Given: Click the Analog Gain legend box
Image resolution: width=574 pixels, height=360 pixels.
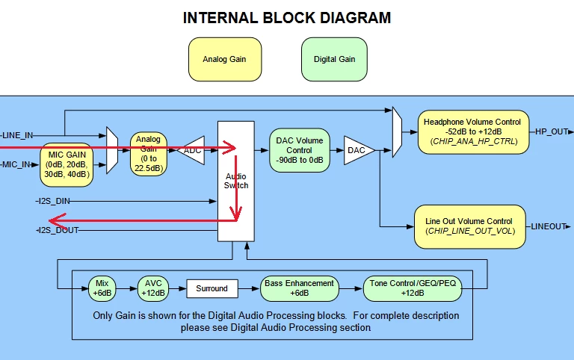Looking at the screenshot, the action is tap(225, 59).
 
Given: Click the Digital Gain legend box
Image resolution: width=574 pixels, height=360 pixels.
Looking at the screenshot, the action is tap(334, 59).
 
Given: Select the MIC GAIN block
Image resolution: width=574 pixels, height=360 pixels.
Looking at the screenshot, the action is tap(67, 164).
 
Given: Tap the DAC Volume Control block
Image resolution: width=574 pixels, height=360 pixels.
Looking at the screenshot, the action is tap(300, 150).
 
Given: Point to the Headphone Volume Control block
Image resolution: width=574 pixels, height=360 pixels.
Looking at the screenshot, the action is tap(473, 131).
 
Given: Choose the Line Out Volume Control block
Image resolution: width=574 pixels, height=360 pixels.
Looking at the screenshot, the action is tap(469, 226).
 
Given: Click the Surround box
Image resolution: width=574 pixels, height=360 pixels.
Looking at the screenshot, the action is tap(212, 288).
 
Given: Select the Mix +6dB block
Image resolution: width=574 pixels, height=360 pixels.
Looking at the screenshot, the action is tap(102, 288).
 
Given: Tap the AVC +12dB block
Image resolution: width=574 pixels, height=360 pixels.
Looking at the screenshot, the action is tap(153, 288).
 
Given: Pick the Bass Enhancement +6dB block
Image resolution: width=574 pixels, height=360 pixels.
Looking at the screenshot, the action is tap(300, 288).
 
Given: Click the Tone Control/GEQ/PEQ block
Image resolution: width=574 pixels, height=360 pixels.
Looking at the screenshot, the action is tap(413, 288).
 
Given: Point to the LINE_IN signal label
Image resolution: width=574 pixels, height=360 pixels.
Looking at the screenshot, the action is tap(17, 135).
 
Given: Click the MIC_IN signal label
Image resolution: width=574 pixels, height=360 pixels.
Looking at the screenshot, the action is tap(16, 164).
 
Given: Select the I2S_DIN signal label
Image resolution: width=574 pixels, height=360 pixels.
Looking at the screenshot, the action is tap(54, 201).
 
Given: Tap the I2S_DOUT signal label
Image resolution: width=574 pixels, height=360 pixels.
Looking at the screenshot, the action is tap(58, 230).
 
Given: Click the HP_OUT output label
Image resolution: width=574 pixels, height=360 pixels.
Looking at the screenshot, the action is tap(552, 131).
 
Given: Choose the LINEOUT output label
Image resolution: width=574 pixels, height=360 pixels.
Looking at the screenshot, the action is tap(549, 226).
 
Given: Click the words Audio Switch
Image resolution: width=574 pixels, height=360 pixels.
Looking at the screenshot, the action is tap(236, 181).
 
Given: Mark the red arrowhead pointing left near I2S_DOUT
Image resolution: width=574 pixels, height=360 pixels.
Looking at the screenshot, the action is tap(58, 221).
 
